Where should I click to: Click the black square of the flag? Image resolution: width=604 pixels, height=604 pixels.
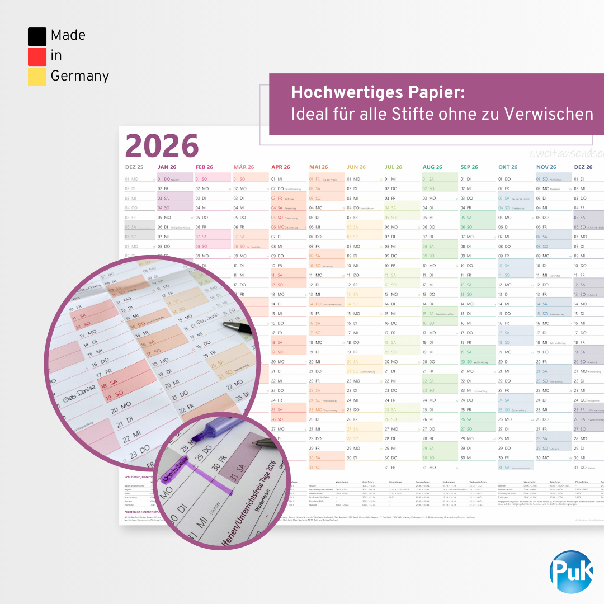(37, 36)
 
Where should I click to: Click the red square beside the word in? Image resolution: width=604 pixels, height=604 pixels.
(37, 56)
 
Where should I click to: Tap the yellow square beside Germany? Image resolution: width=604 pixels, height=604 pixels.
(37, 77)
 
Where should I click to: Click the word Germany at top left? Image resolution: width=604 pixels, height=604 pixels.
(79, 76)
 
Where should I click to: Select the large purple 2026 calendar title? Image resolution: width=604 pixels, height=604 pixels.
(162, 146)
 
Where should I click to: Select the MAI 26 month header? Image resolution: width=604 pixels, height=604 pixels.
(318, 167)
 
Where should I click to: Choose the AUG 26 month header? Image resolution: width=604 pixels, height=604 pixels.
(432, 167)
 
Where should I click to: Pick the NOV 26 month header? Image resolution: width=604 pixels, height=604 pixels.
(546, 167)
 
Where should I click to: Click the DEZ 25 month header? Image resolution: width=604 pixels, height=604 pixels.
(134, 167)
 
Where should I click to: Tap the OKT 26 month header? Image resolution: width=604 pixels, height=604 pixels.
(508, 167)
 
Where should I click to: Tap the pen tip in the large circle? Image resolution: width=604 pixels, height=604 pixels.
(225, 324)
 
